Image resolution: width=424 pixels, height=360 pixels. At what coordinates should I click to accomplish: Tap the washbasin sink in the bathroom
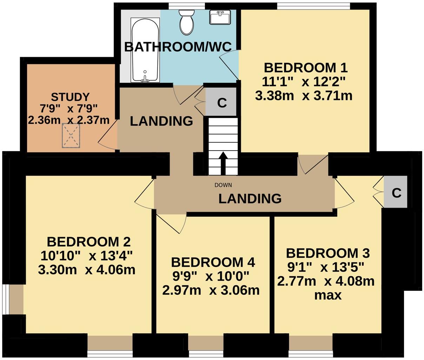(x=220, y=17)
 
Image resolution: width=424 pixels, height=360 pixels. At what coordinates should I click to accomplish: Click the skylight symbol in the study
(x=71, y=136)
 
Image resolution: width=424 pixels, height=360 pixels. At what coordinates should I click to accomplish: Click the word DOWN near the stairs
(x=223, y=185)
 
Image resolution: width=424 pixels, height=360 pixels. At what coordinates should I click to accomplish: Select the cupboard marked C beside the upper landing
(x=221, y=103)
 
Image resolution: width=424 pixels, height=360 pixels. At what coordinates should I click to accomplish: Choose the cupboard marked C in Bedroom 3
(x=396, y=193)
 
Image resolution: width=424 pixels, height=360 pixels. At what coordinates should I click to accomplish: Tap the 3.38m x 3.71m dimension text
(x=304, y=95)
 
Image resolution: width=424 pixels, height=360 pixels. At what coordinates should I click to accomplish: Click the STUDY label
(x=70, y=96)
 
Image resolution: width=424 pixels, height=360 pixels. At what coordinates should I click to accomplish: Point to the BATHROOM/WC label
(x=178, y=47)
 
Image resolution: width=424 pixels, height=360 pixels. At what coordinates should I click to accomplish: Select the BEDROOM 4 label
(x=213, y=262)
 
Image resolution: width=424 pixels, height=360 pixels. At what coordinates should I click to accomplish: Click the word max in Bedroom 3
(x=327, y=295)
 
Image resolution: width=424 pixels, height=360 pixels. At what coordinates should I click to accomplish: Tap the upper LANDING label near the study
(x=161, y=121)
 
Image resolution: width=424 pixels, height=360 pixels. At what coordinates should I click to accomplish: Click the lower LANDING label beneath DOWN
(x=250, y=199)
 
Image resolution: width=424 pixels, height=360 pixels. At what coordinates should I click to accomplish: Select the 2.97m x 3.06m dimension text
(x=211, y=290)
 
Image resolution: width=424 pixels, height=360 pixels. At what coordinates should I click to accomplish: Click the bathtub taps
(x=145, y=79)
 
